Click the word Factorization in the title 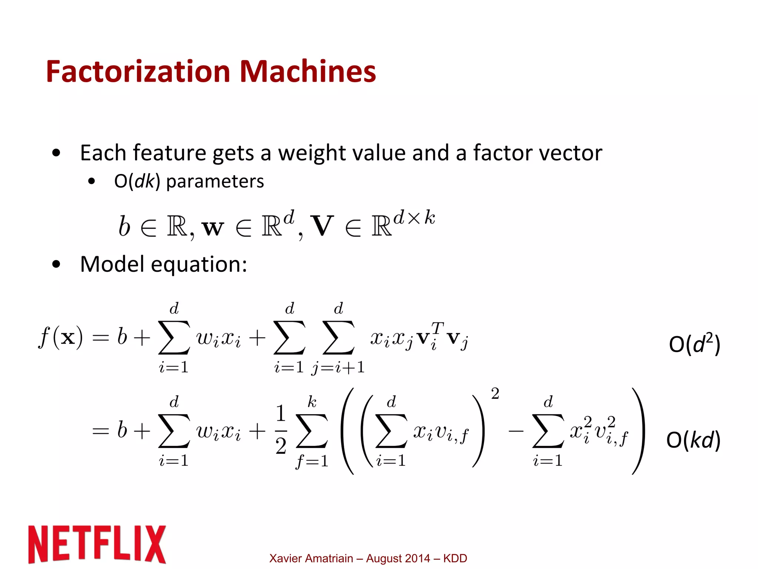coord(139,71)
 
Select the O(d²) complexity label coord(694,344)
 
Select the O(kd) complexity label coord(693,440)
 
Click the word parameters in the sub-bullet coord(215,181)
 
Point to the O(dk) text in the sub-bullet coord(137,181)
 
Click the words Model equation coord(163,264)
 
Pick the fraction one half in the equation coord(281,429)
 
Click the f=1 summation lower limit coord(312,461)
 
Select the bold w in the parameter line coord(213,227)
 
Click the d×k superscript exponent coord(414,217)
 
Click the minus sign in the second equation coord(516,431)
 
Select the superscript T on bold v coord(437,328)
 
